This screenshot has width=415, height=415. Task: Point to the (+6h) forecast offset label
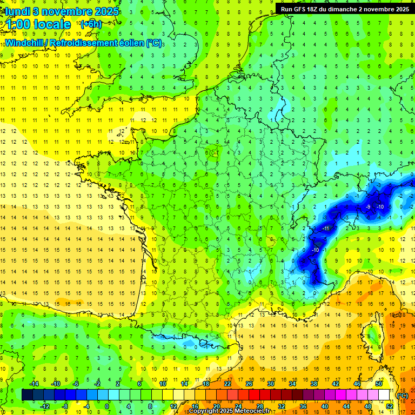[90, 24]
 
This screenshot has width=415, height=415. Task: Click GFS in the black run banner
[305, 9]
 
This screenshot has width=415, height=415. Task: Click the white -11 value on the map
[326, 229]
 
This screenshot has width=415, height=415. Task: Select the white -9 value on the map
[367, 207]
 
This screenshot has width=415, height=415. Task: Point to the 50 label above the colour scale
[379, 384]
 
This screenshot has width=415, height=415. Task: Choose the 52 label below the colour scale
[390, 406]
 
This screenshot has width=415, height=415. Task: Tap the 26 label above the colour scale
[249, 384]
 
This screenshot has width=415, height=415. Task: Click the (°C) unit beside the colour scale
[403, 395]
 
